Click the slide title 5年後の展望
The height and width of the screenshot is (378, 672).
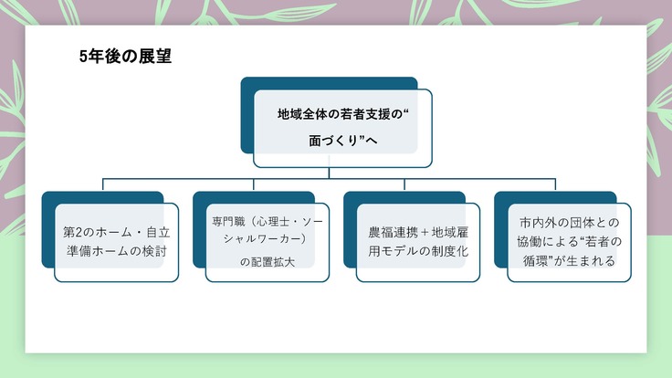click(125, 57)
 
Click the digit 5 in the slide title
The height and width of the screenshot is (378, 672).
click(84, 57)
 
